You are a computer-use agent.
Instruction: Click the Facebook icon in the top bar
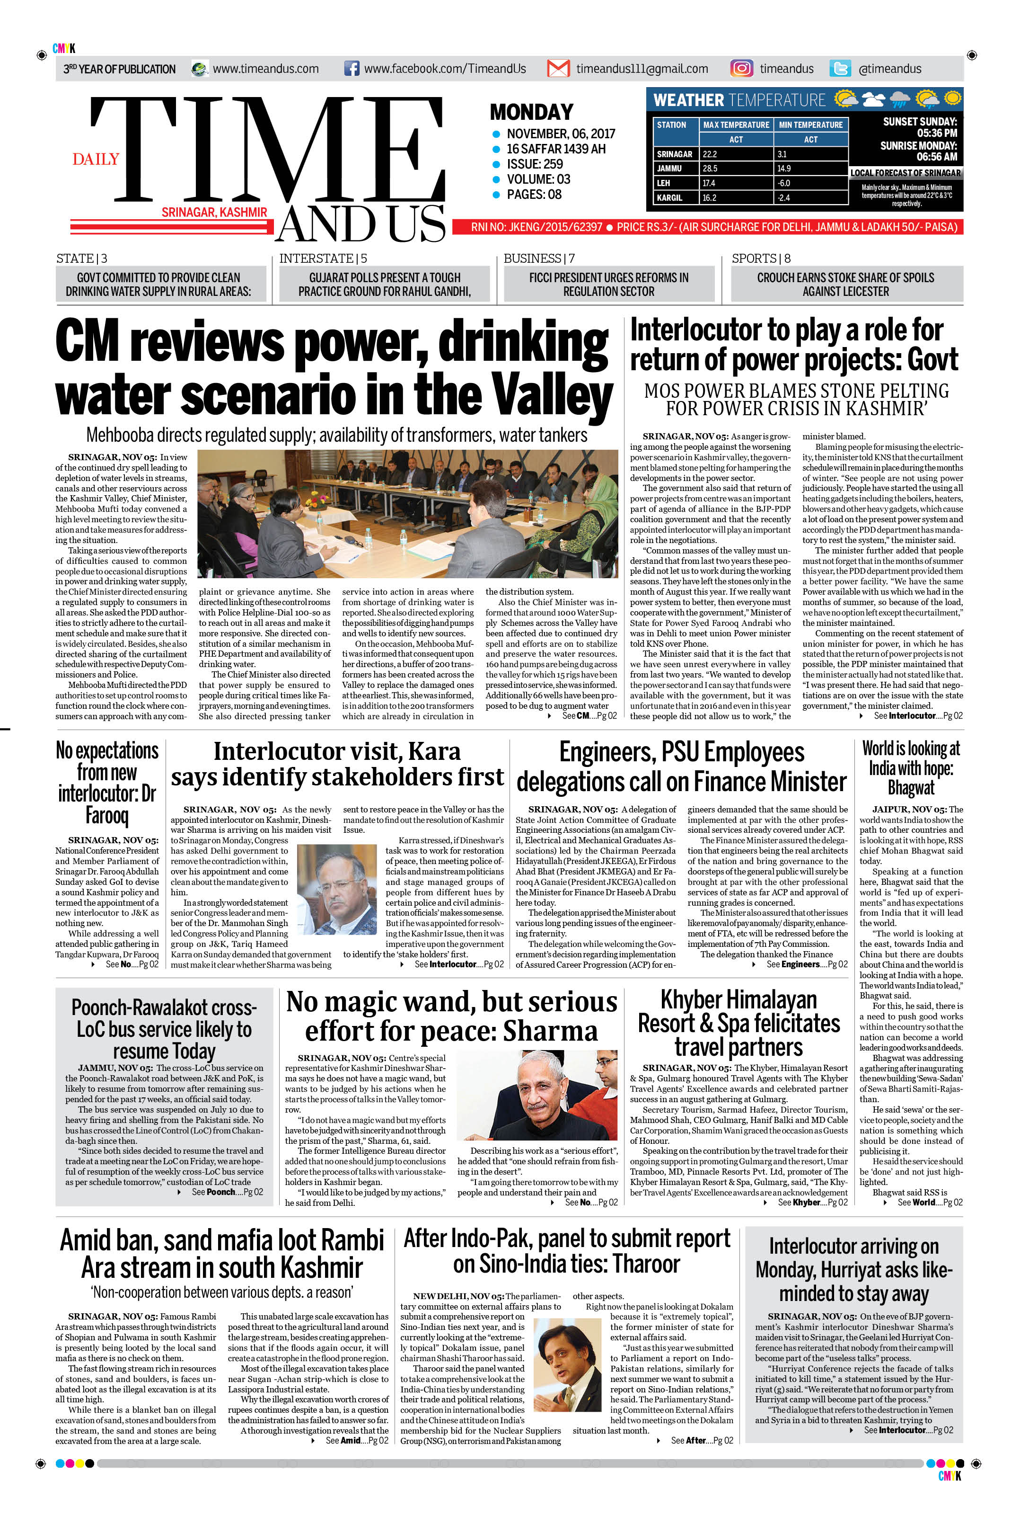point(351,68)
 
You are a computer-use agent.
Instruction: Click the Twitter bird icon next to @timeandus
point(840,68)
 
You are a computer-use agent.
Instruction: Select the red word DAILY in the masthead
point(96,159)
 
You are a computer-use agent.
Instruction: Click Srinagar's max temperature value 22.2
point(710,154)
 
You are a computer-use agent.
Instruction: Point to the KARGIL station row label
point(669,197)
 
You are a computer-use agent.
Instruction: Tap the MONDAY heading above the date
point(531,112)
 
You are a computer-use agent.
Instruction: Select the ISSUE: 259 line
point(535,164)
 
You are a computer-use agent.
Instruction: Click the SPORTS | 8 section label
point(761,258)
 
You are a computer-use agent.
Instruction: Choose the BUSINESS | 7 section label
point(538,258)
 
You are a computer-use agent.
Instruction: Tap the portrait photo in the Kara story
point(336,889)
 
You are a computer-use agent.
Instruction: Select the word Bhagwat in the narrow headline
point(911,788)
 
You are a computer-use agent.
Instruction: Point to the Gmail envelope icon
point(558,68)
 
